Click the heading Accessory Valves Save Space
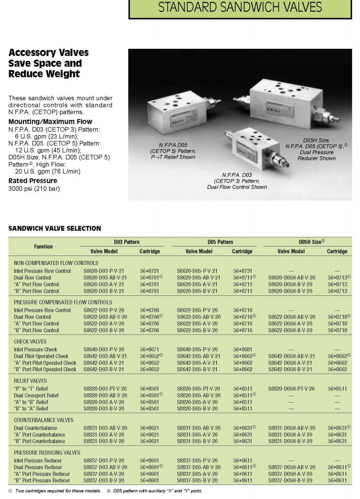[48, 63]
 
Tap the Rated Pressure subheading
[33, 181]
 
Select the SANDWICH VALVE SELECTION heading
[55, 229]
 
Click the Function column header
[43, 247]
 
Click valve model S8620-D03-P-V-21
[105, 270]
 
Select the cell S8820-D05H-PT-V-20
[292, 388]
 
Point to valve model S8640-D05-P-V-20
[198, 349]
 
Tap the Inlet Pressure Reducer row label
[38, 460]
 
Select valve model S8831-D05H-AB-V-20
[292, 428]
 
